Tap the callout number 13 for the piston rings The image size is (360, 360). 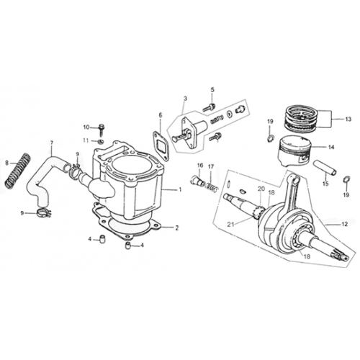click(348, 119)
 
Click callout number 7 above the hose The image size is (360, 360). click(51, 143)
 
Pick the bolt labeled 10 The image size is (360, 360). click(101, 129)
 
